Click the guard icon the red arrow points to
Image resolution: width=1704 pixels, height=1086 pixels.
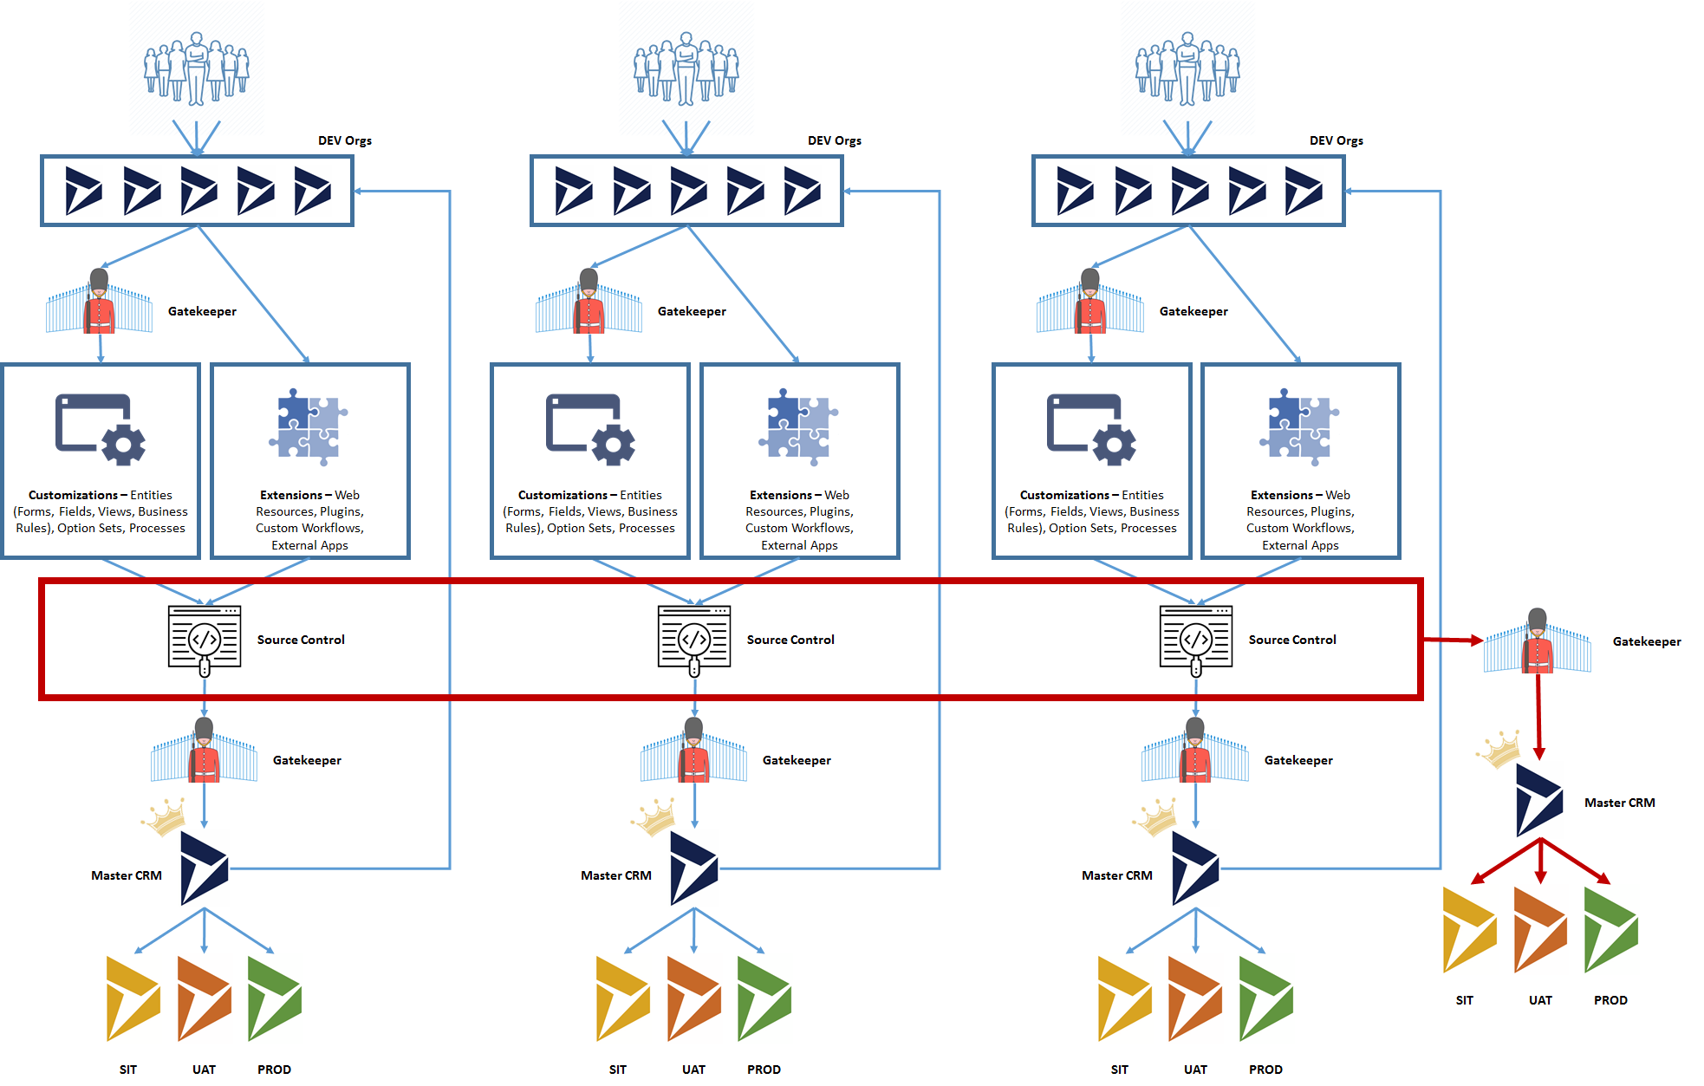(x=1538, y=641)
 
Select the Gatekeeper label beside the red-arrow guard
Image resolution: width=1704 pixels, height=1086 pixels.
(x=1646, y=641)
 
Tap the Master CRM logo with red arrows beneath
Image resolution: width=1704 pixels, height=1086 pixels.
(x=1539, y=800)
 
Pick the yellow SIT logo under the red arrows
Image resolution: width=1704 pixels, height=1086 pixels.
(x=1468, y=929)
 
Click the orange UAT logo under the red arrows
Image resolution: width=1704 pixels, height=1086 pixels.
(x=1540, y=929)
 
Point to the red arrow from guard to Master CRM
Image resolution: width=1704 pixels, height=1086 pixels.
(x=1538, y=715)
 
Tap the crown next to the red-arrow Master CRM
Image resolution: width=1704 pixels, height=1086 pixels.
(x=1500, y=749)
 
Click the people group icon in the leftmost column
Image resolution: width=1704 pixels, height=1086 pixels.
(x=197, y=69)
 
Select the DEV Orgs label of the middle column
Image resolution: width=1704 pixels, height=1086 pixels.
(x=834, y=140)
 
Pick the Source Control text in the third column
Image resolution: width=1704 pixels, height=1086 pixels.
(x=1291, y=640)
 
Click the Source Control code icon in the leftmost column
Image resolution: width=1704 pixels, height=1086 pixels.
(x=205, y=640)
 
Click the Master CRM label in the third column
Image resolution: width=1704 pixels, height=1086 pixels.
(x=1116, y=875)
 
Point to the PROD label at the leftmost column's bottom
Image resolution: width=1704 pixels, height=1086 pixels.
(x=274, y=1070)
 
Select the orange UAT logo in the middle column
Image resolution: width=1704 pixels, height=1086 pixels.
(x=693, y=998)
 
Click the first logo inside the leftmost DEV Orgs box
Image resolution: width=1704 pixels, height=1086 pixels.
(x=84, y=191)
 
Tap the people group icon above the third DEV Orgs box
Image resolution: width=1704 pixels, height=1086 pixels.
(x=1187, y=69)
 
